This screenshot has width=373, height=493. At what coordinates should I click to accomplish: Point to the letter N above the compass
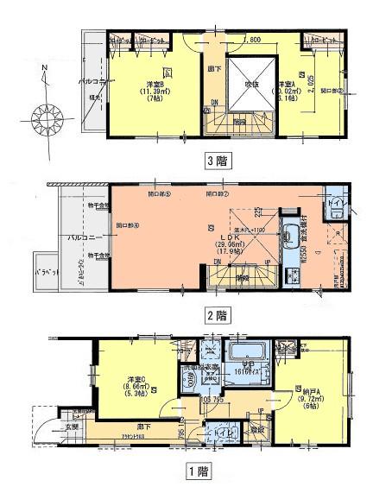(46, 66)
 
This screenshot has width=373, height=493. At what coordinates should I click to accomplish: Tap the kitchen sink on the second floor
(288, 233)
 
